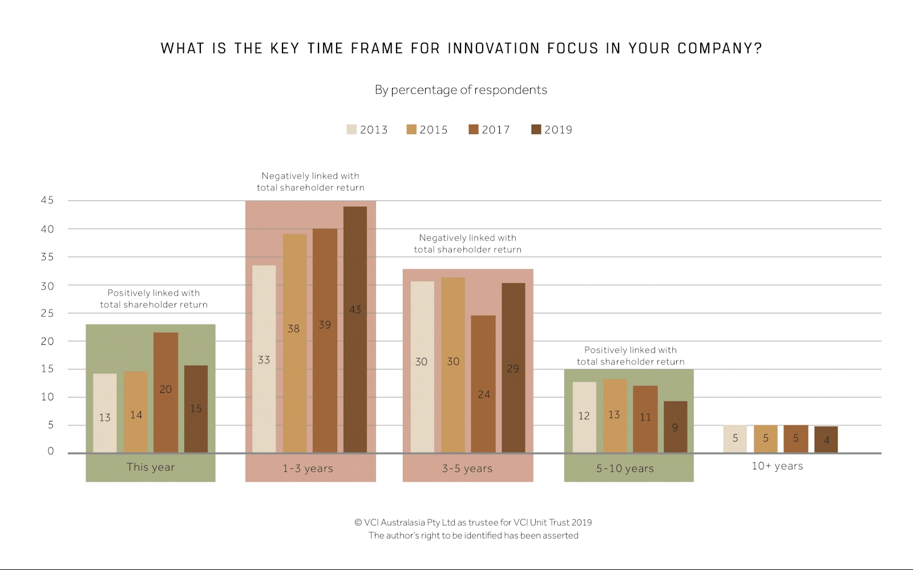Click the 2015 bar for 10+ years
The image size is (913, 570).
click(x=765, y=439)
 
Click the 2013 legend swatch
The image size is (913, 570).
click(x=352, y=130)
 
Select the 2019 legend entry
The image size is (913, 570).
click(x=552, y=130)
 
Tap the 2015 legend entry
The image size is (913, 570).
click(x=427, y=130)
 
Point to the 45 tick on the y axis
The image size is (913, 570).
click(x=47, y=200)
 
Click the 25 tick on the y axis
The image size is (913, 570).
click(x=47, y=313)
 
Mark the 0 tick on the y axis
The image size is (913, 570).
click(x=51, y=451)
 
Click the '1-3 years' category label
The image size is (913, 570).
click(x=308, y=468)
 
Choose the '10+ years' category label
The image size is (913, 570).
click(x=777, y=466)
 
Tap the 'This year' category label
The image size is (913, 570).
click(x=151, y=467)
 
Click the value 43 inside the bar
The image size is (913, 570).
click(x=355, y=310)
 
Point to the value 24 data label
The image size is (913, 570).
click(x=484, y=394)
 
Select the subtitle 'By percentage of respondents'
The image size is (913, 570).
click(x=460, y=90)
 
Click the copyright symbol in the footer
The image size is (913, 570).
click(x=358, y=522)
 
